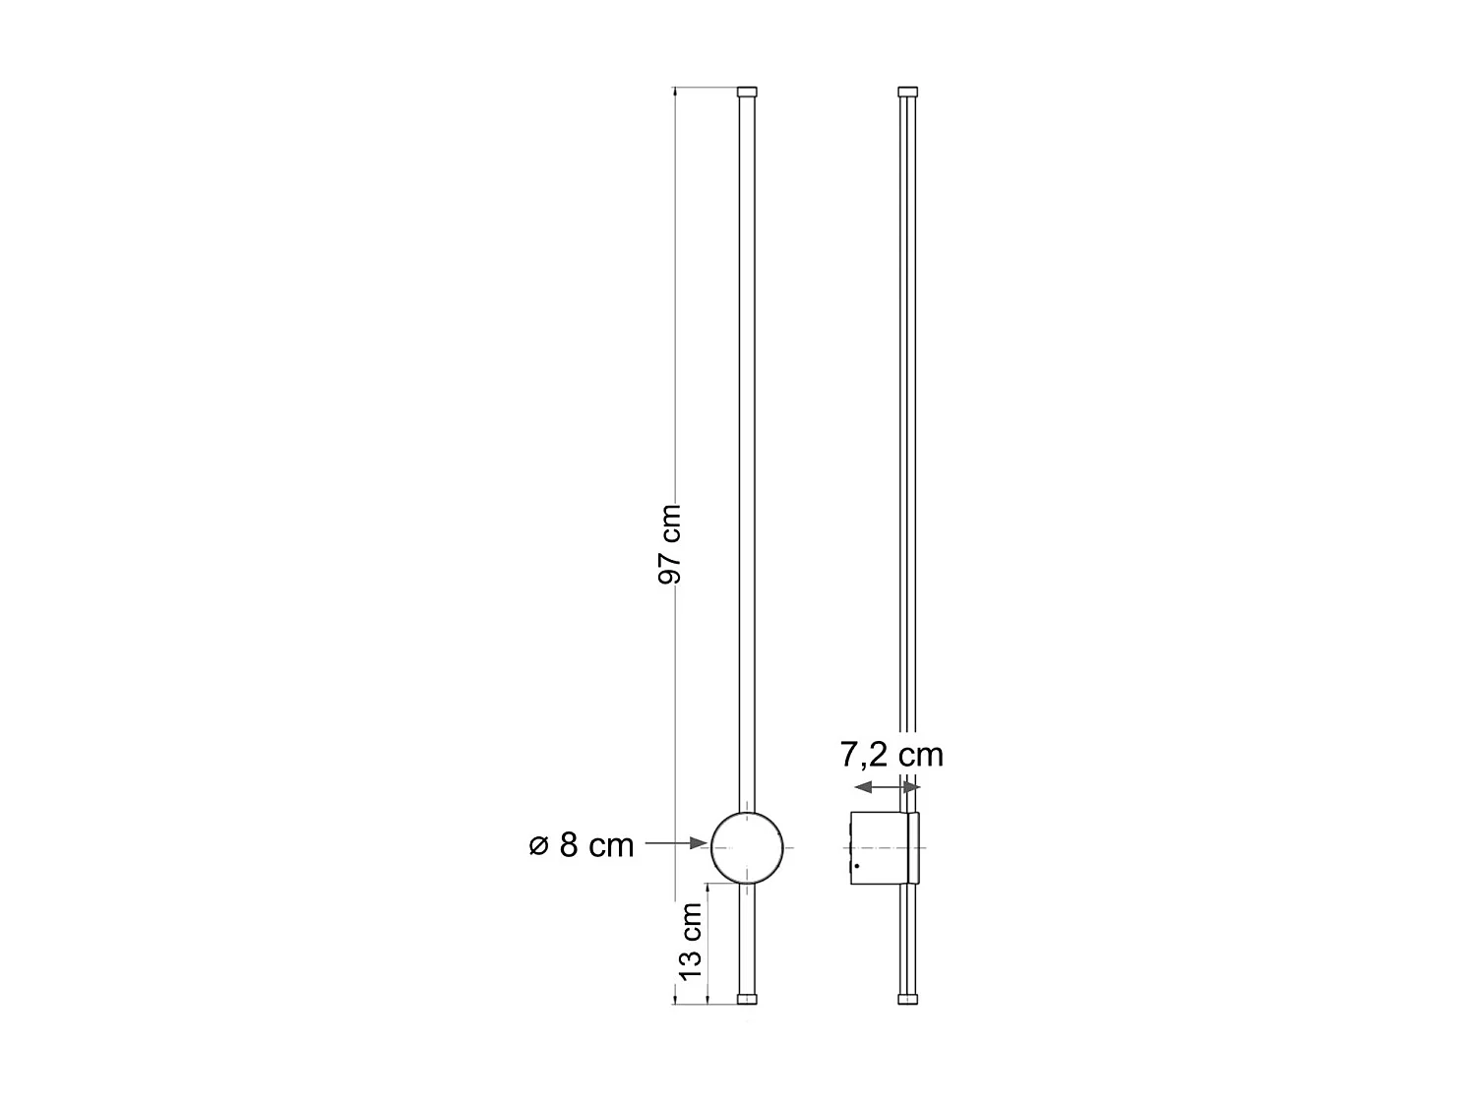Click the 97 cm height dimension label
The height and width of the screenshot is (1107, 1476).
point(669,544)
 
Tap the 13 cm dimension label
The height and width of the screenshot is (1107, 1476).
point(691,941)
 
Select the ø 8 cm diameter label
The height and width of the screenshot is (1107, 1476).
point(582,844)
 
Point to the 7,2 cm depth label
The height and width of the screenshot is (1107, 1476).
point(892,755)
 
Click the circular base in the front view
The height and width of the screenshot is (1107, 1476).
point(748,846)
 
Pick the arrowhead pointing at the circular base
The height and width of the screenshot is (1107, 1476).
point(700,843)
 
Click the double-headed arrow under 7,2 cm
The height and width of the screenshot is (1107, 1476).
point(888,787)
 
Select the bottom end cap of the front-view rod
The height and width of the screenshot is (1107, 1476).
point(748,999)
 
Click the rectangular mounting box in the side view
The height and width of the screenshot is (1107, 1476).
point(878,847)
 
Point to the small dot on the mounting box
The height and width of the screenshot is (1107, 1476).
point(857,867)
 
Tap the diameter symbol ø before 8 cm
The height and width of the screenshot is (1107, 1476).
point(538,844)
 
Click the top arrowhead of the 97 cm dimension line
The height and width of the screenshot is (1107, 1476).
point(676,93)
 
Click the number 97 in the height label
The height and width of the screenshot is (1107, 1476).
point(669,569)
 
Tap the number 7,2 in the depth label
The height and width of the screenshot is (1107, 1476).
point(860,755)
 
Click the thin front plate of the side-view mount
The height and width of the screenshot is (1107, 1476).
point(913,847)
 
